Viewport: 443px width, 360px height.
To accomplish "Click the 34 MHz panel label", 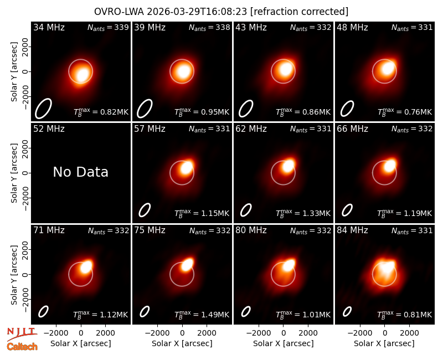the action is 49,27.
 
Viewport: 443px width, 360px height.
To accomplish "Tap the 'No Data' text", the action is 80,172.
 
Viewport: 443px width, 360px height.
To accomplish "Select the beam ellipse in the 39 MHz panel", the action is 145,108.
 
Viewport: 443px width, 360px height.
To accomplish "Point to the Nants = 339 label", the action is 108,27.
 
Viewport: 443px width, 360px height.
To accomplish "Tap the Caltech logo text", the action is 22,347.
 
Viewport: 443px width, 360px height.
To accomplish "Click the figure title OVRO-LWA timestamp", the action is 221,12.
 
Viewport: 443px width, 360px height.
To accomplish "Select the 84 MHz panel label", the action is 352,230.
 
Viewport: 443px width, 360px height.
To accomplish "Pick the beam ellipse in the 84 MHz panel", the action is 347,312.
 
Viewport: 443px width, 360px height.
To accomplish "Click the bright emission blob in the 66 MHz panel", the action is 390,165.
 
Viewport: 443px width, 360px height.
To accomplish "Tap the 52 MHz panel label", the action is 49,129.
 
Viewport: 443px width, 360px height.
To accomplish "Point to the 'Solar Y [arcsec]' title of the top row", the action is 14,72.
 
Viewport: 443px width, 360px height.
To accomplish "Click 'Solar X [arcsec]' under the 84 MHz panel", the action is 384,343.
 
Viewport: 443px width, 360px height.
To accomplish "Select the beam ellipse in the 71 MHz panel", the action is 43,312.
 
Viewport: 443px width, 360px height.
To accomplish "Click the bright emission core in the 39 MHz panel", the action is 183,71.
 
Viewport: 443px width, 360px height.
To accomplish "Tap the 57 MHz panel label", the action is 150,129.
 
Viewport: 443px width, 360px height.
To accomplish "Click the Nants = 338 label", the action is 209,27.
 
